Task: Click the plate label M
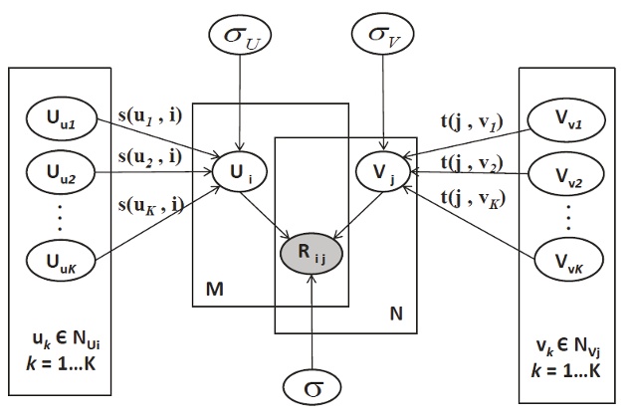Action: coord(212,288)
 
